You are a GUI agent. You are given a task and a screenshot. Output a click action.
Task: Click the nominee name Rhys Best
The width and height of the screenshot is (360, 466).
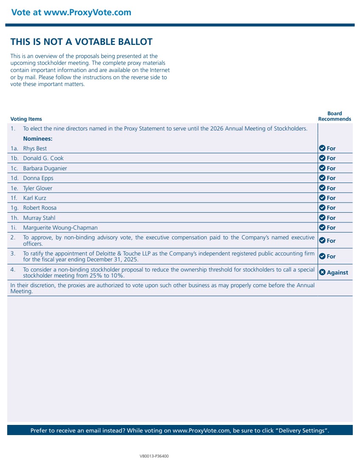click(x=35, y=148)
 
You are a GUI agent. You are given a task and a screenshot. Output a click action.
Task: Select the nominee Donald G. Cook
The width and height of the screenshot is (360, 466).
click(x=43, y=158)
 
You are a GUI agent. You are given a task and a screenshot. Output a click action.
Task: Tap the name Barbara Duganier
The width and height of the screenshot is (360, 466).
click(x=45, y=168)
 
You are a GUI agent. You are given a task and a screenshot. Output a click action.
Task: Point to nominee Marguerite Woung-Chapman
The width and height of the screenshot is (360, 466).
click(x=60, y=227)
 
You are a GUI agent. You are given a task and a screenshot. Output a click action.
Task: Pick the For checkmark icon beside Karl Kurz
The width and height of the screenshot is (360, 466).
click(x=322, y=198)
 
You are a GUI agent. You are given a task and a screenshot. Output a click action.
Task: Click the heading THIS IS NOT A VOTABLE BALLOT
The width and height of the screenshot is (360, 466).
click(x=81, y=42)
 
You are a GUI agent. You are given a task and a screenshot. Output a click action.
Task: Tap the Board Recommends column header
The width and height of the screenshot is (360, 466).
click(x=335, y=116)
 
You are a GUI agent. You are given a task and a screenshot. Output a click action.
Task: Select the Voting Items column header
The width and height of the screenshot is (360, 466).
click(x=26, y=119)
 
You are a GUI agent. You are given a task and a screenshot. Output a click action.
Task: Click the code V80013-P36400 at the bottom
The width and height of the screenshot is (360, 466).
click(x=154, y=456)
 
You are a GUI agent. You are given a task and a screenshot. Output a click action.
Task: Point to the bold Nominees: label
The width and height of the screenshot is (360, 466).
click(x=38, y=139)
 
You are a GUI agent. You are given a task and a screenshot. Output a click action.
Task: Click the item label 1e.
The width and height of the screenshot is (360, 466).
click(x=14, y=188)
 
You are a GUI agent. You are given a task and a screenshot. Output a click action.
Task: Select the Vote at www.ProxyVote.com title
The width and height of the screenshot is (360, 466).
click(x=71, y=12)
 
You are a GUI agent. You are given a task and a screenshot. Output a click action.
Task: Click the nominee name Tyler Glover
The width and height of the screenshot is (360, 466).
click(x=38, y=188)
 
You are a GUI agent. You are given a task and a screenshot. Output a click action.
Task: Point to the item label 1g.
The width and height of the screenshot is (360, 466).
click(x=14, y=208)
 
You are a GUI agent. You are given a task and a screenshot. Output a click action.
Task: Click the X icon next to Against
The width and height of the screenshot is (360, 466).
click(x=322, y=272)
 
